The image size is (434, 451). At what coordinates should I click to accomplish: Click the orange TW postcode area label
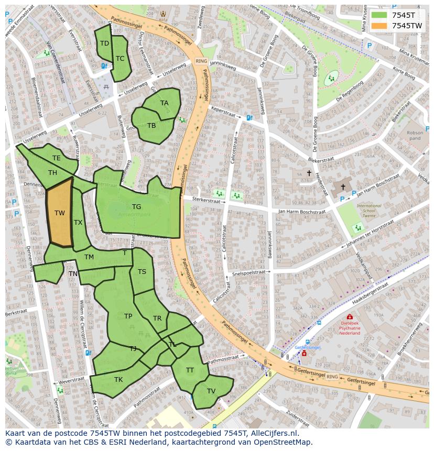click(x=60, y=213)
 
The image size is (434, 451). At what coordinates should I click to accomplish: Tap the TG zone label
click(x=136, y=207)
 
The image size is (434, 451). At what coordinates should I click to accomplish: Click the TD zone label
click(x=104, y=43)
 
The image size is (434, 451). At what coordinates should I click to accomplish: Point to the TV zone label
click(x=211, y=391)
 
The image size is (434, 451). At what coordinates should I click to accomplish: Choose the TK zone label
click(x=118, y=380)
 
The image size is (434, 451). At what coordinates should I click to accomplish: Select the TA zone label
click(x=165, y=103)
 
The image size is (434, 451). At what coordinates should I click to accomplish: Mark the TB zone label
click(x=151, y=126)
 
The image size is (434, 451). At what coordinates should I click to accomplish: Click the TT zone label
click(x=190, y=370)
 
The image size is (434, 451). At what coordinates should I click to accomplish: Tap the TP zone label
click(x=128, y=316)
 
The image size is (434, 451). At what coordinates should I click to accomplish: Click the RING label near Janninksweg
click(x=201, y=61)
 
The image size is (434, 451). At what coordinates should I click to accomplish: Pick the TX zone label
click(x=78, y=223)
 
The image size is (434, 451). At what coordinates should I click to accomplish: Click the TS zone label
click(x=142, y=272)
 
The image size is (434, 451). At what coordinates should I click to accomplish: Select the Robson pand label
click(x=415, y=136)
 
